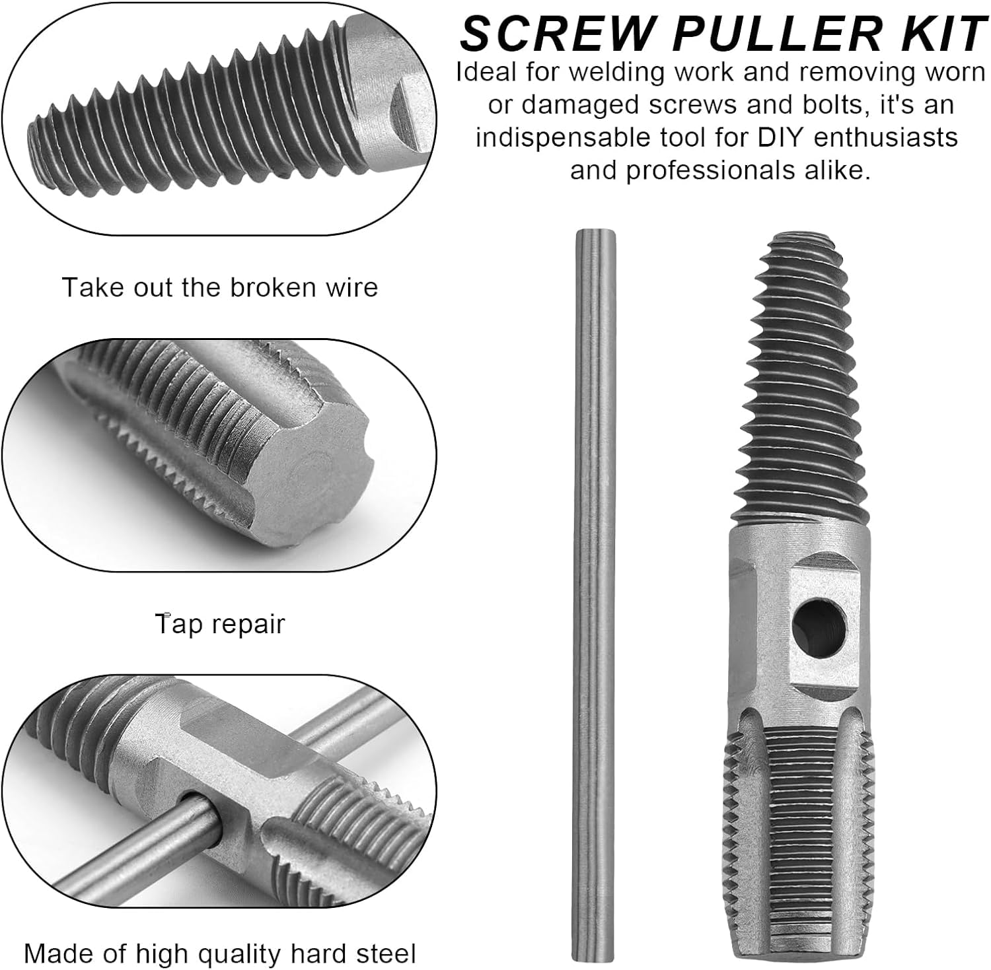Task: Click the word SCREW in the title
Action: click(x=544, y=34)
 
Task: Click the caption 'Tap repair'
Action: click(x=220, y=624)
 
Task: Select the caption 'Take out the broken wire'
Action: click(x=220, y=288)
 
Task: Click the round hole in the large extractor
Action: click(x=819, y=621)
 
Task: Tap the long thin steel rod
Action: click(x=595, y=594)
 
